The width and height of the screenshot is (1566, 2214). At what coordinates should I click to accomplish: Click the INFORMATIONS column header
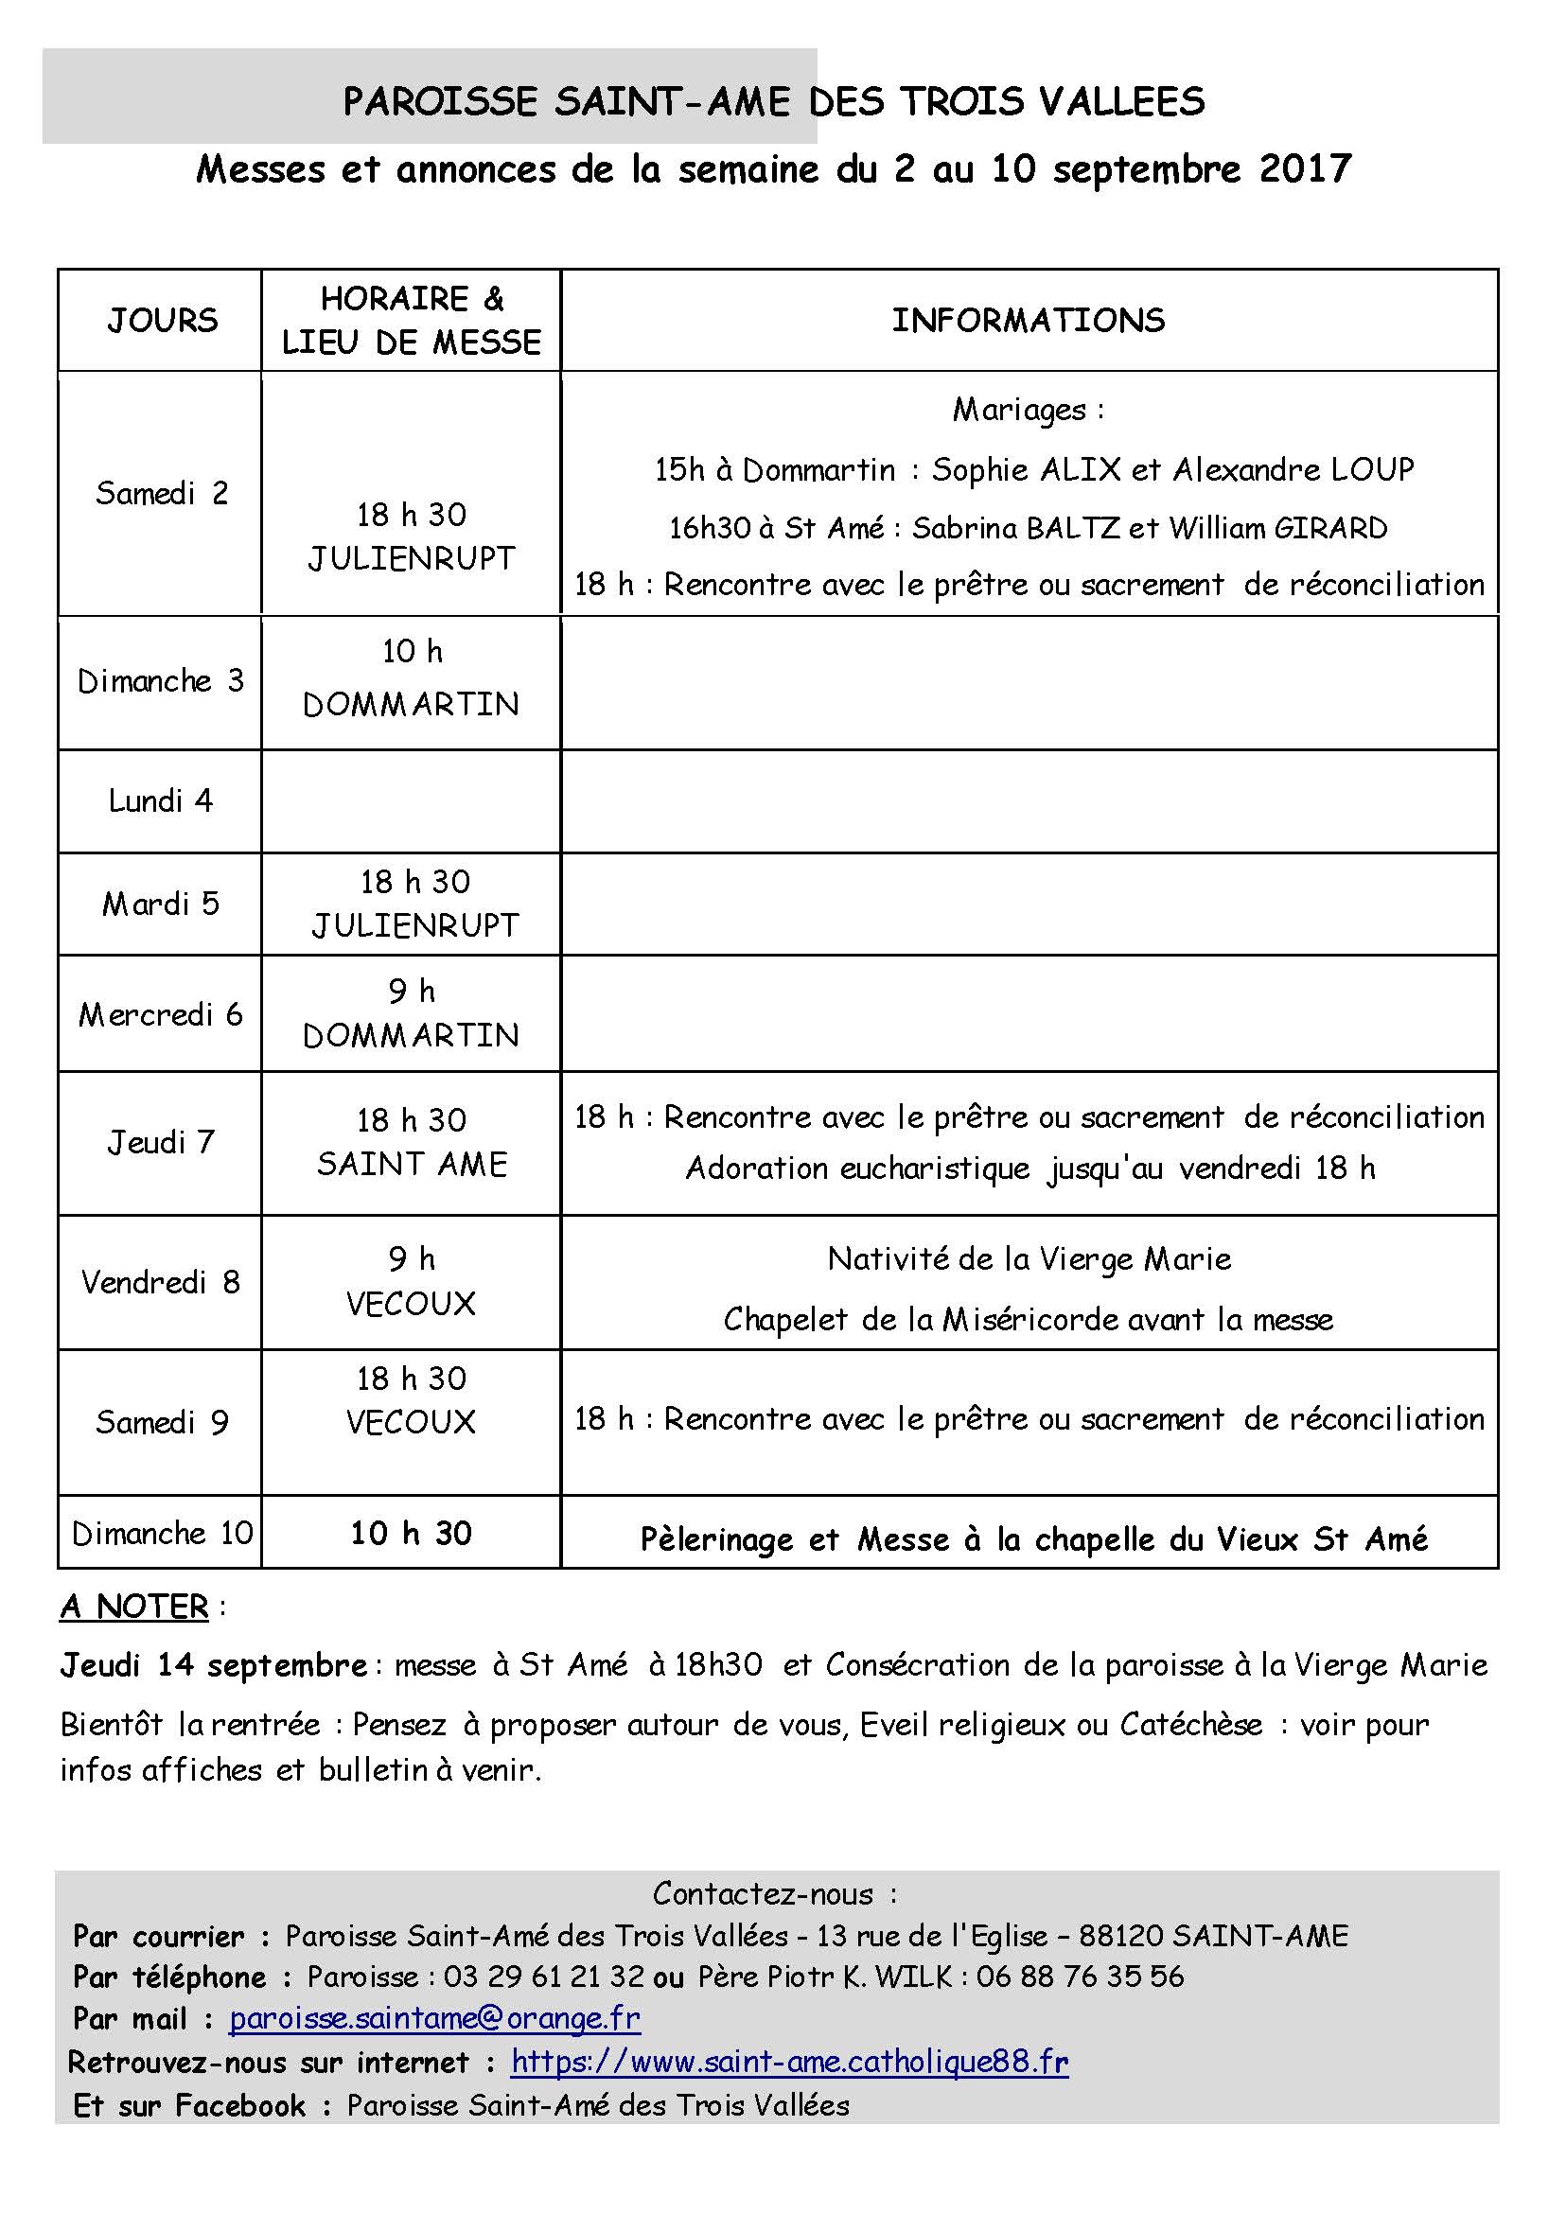pos(1028,320)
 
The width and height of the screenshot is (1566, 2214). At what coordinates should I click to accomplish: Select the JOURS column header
pos(162,320)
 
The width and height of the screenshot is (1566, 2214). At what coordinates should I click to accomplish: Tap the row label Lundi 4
pos(160,800)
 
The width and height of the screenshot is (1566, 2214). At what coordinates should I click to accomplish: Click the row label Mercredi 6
pos(160,1014)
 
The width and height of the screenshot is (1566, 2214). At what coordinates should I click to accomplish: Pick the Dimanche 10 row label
pos(162,1533)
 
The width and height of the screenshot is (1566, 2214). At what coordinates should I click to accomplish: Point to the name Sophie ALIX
pos(1026,469)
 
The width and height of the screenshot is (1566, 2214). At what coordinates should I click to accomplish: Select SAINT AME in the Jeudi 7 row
pos(412,1164)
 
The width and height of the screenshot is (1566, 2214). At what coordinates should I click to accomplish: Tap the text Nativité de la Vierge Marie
pos(1029,1258)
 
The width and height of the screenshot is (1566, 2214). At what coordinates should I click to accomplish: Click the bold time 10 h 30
pos(411,1533)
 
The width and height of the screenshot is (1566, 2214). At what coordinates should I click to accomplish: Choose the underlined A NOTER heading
pos(135,1607)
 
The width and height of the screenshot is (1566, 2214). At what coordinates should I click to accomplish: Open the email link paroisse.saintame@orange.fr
pos(435,2018)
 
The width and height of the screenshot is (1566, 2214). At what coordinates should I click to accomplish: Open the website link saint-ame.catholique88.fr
pos(790,2062)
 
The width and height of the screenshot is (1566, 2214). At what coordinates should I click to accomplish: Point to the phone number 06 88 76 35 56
pos(1080,1976)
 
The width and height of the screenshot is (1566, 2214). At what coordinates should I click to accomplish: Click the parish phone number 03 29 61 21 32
pos(544,1976)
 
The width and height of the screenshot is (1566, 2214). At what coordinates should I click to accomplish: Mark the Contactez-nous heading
pos(764,1894)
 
